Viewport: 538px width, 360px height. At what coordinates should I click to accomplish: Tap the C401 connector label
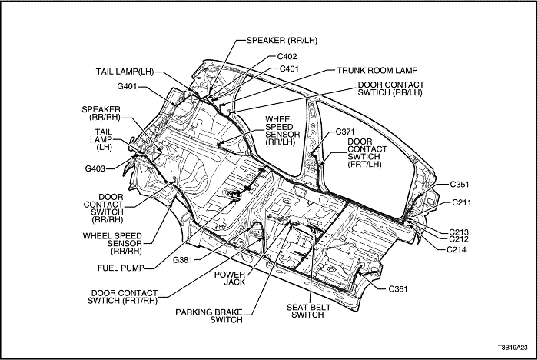tap(290, 69)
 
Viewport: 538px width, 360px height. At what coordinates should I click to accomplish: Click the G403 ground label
tap(98, 167)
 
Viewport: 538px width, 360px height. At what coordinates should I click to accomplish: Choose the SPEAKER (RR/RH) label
tap(101, 114)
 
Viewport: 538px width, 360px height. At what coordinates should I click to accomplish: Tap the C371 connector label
tap(346, 132)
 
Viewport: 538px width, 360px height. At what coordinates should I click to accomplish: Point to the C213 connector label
tap(460, 231)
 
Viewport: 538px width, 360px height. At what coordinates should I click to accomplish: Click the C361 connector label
tap(399, 288)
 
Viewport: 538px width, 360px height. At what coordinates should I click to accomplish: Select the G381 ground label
tap(182, 259)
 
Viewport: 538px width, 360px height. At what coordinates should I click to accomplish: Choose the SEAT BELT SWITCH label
tap(305, 311)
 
